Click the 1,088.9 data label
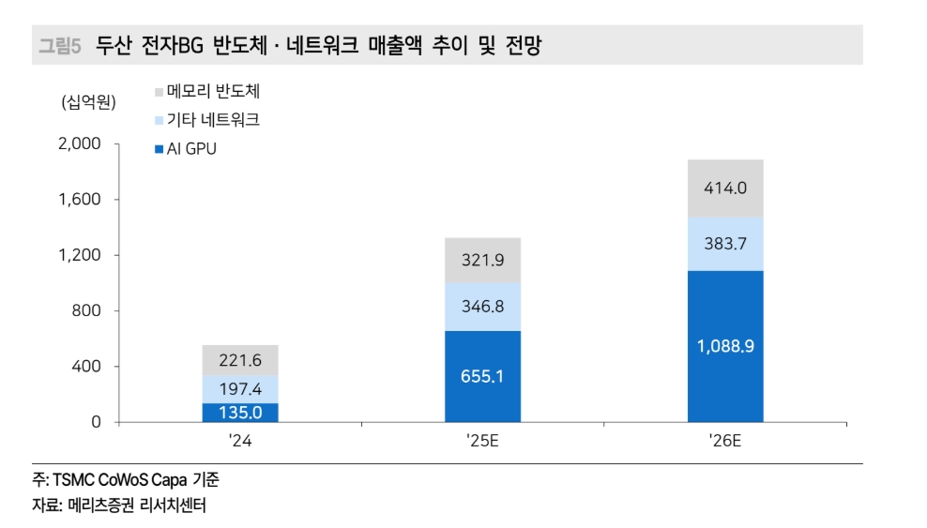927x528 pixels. click(725, 346)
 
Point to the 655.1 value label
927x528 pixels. click(482, 376)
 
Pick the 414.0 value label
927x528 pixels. click(725, 188)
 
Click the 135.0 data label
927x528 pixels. click(240, 413)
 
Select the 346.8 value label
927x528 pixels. click(482, 306)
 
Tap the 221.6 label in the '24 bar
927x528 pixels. click(240, 360)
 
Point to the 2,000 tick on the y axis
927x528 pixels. click(79, 143)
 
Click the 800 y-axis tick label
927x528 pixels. click(84, 310)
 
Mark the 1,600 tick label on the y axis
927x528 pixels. click(80, 199)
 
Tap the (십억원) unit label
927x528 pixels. click(89, 102)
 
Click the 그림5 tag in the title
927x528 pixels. click(61, 45)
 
